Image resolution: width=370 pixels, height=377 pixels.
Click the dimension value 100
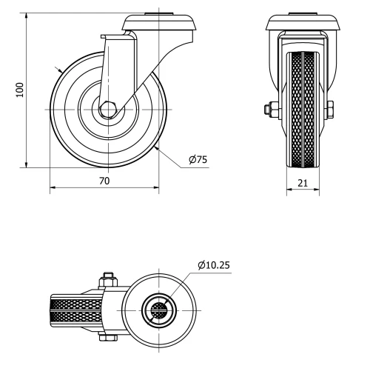pyautogui.click(x=21, y=90)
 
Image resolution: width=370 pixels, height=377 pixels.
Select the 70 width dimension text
pyautogui.click(x=104, y=180)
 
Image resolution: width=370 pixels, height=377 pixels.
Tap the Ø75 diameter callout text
pyautogui.click(x=198, y=160)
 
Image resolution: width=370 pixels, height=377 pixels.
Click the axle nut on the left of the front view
pyautogui.click(x=268, y=110)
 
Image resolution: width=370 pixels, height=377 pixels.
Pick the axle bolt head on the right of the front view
pyautogui.click(x=330, y=110)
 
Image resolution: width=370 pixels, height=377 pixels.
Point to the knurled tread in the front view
pyautogui.click(x=303, y=111)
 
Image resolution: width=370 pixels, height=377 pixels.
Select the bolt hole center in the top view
pyautogui.click(x=159, y=310)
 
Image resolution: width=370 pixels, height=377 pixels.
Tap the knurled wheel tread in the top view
pyautogui.click(x=74, y=310)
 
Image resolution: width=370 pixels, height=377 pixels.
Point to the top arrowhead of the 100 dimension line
pyautogui.click(x=27, y=16)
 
